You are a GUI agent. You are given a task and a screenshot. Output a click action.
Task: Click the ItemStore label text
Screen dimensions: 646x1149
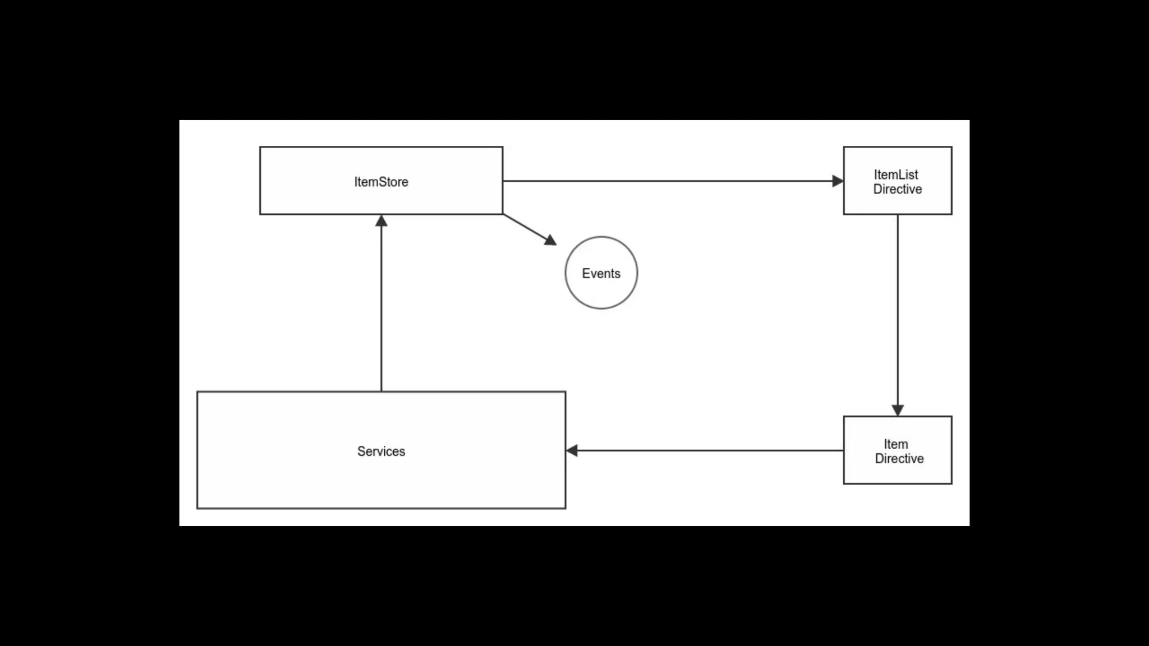[381, 182]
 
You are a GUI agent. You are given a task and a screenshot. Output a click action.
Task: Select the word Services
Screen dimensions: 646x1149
[381, 451]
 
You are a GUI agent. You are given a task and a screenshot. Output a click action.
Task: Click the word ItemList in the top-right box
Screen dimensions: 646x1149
[896, 174]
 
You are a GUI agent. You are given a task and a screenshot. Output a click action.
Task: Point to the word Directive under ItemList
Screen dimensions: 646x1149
[897, 190]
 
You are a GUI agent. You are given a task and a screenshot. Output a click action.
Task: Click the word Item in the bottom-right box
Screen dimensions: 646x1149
[895, 444]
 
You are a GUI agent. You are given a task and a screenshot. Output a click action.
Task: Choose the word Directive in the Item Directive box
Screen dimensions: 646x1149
[899, 459]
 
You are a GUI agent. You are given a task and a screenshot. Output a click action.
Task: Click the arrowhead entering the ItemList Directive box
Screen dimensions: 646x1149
[838, 181]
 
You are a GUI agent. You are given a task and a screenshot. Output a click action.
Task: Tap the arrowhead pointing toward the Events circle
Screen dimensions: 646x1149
[551, 241]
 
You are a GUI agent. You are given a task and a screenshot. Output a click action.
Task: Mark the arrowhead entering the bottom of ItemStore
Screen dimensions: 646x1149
[382, 221]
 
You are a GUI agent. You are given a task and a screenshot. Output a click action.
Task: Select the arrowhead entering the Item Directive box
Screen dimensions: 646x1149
[898, 410]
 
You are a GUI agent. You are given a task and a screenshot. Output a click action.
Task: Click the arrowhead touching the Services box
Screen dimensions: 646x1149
[572, 450]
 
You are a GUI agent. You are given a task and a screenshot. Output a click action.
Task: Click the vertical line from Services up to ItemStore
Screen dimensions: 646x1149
[382, 308]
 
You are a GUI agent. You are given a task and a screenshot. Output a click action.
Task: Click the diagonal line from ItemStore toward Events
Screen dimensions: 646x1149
[524, 226]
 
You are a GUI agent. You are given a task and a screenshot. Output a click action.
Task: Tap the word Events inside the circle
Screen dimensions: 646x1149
[601, 274]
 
